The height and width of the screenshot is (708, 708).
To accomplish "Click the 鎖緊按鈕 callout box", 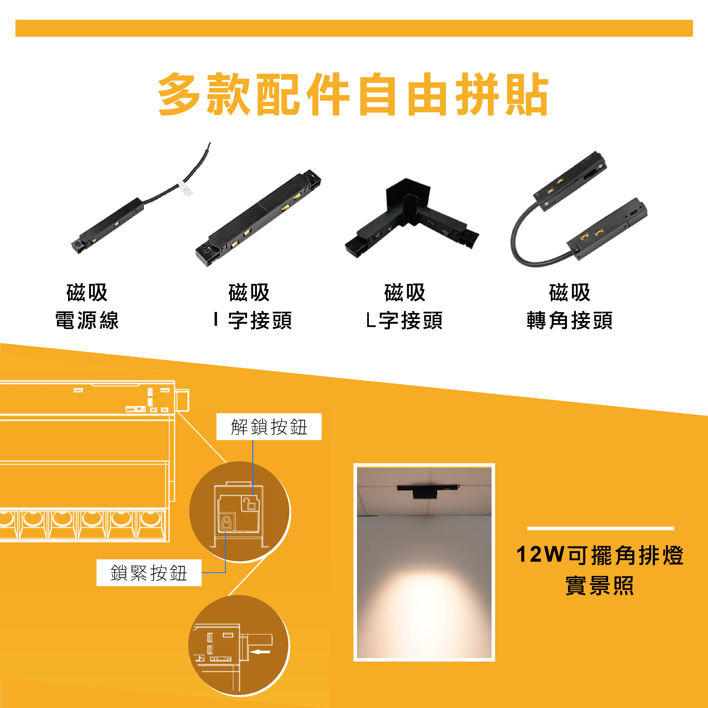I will pyautogui.click(x=149, y=573).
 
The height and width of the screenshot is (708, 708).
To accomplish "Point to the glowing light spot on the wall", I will pyautogui.click(x=424, y=601).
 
